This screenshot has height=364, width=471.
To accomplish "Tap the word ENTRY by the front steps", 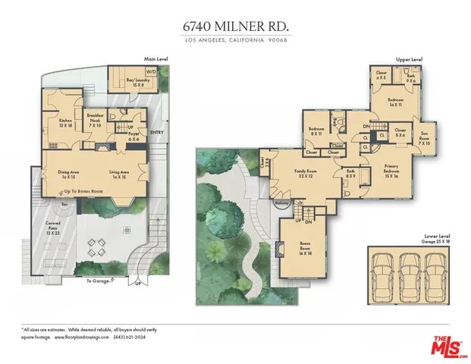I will click(x=157, y=133).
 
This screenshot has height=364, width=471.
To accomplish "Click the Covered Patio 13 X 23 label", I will click(x=53, y=228).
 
